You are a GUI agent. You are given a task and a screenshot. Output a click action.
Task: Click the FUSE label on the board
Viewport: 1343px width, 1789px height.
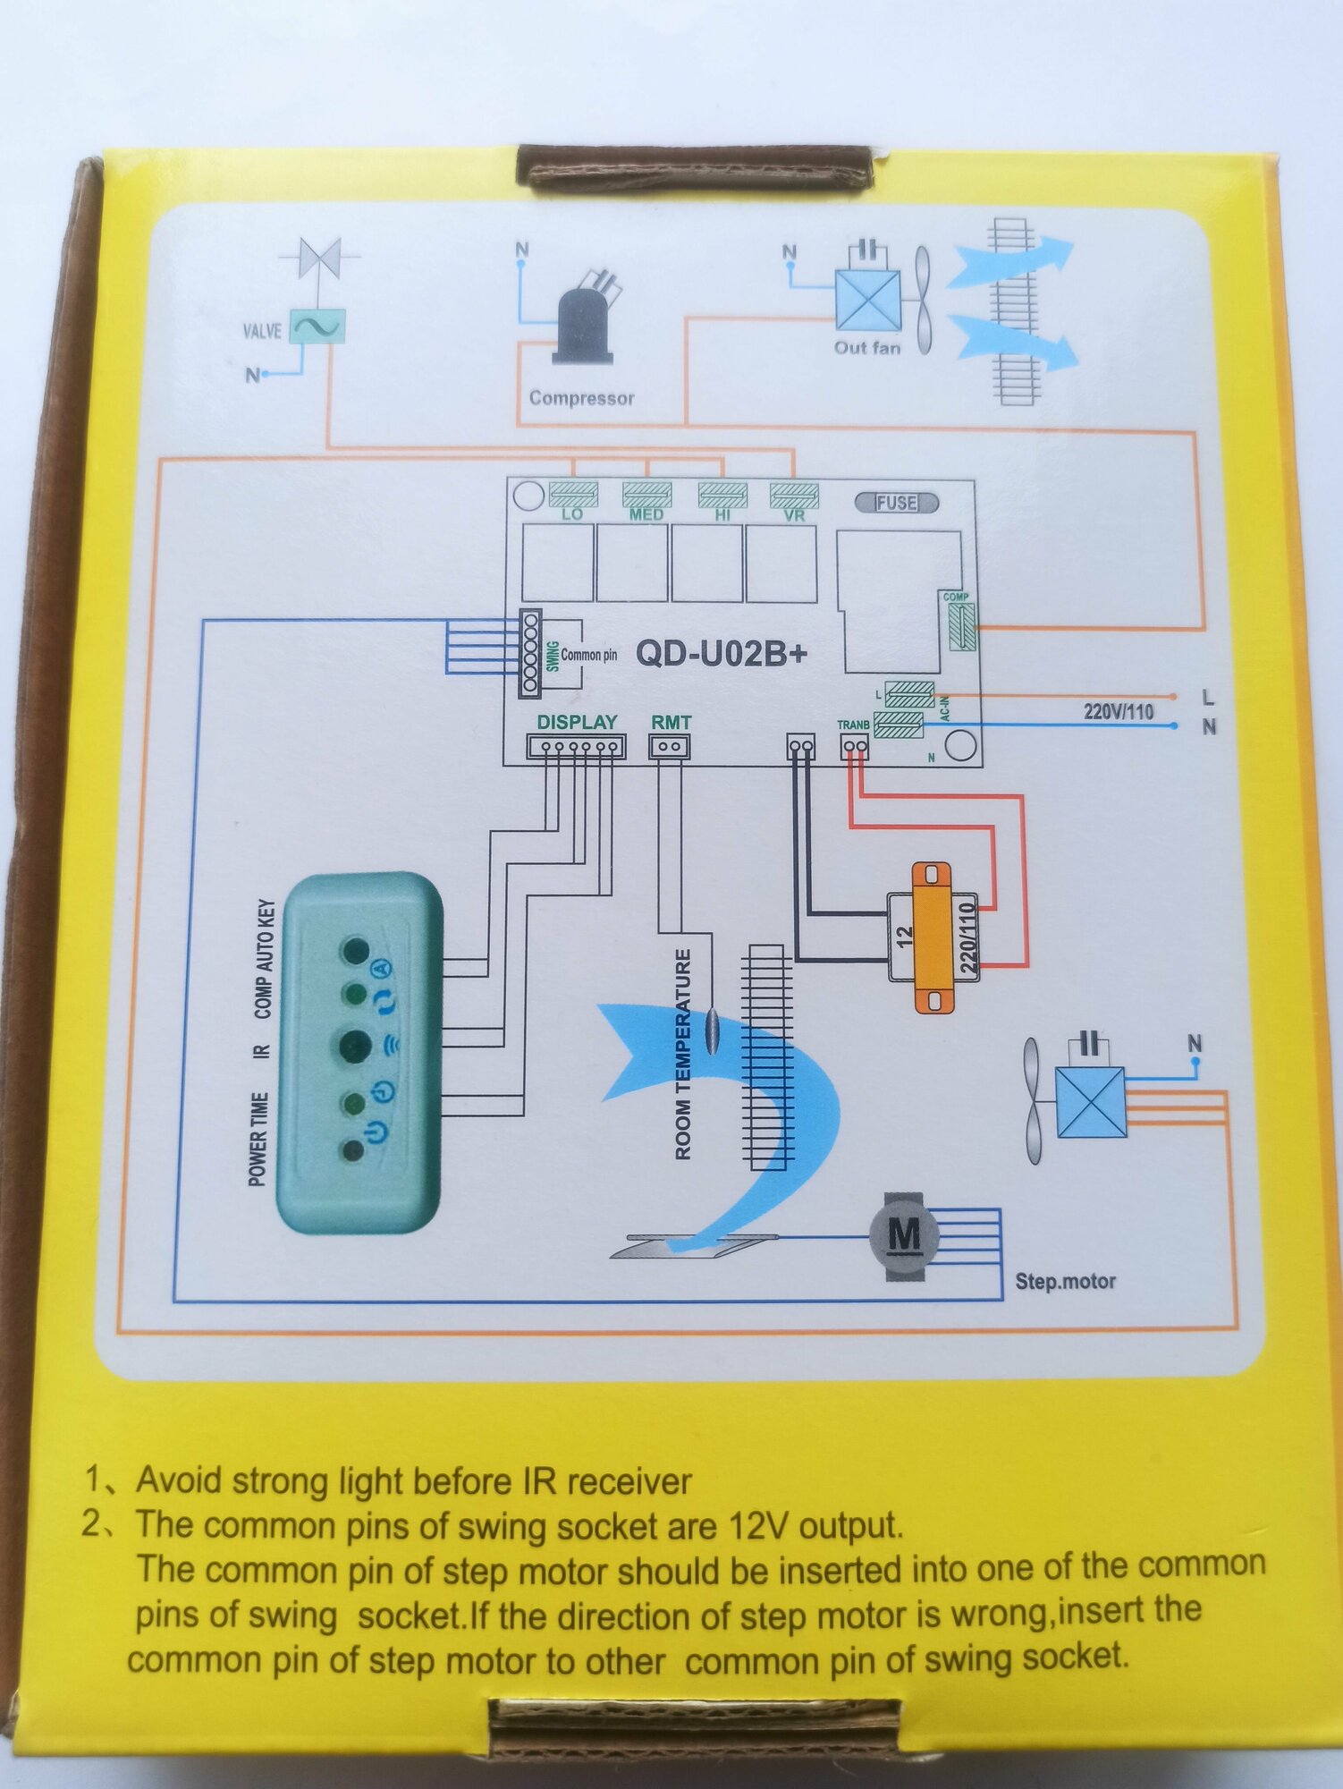point(896,503)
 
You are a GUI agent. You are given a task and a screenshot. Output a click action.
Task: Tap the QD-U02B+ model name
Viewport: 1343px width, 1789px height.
point(721,654)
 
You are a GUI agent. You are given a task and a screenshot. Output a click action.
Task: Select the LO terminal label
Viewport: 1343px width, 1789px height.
point(572,514)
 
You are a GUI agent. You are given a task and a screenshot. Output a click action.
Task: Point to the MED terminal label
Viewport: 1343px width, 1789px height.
point(646,514)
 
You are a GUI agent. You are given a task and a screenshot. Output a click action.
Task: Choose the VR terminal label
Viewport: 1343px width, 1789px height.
point(794,515)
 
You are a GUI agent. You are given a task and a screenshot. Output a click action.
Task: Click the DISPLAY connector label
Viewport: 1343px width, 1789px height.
point(577,722)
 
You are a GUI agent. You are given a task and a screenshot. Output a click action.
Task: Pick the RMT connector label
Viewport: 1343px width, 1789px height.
point(671,722)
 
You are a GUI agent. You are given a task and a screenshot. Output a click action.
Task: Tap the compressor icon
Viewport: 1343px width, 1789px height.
point(587,318)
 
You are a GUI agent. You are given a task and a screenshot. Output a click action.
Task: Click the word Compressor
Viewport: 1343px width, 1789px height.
point(581,398)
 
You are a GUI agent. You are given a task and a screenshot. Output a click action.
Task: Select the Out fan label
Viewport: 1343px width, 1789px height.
point(866,348)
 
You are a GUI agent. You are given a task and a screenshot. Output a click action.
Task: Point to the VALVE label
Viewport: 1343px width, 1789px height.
point(262,331)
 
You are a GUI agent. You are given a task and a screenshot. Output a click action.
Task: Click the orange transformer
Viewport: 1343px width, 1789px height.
point(932,937)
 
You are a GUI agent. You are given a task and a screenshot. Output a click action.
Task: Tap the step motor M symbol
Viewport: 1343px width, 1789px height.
point(904,1236)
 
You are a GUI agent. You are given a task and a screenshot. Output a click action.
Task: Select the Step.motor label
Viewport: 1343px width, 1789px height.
point(1065,1281)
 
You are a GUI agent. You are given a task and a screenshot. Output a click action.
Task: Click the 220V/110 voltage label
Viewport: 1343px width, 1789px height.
point(1118,712)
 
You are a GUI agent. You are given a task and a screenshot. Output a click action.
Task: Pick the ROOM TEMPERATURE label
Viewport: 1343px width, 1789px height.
point(683,1055)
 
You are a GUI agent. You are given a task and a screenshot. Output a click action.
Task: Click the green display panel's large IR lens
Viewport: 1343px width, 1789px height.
point(355,1044)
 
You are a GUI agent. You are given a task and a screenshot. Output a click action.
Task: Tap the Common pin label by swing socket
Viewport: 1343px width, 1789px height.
point(588,655)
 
